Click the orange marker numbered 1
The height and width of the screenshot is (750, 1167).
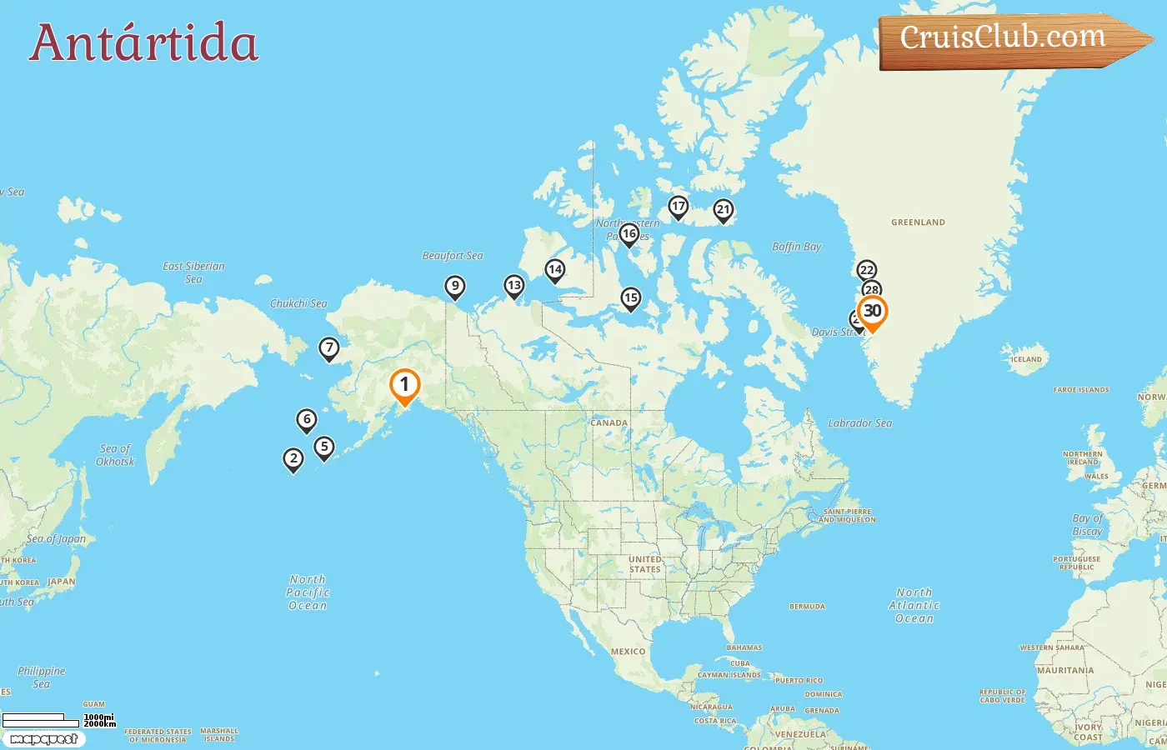click(x=404, y=385)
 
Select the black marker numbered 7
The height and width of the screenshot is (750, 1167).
click(x=329, y=348)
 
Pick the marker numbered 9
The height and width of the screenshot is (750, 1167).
click(x=454, y=287)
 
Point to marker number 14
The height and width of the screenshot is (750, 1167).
click(x=554, y=270)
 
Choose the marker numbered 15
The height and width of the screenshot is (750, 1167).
click(x=630, y=298)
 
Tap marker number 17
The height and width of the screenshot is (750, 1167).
click(x=679, y=207)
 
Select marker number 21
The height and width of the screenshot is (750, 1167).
click(x=723, y=210)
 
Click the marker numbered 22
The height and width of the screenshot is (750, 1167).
click(x=867, y=270)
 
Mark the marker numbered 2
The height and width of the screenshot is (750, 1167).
click(x=293, y=459)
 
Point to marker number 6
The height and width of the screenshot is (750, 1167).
click(x=307, y=420)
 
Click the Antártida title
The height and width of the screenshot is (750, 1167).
click(x=144, y=42)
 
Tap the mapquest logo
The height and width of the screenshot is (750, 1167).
click(x=43, y=739)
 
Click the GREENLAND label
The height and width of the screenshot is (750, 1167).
click(x=918, y=222)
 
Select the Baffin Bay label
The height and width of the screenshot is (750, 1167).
click(x=796, y=247)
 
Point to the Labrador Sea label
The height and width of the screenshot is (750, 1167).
click(x=859, y=423)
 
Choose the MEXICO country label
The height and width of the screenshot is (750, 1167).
click(x=628, y=652)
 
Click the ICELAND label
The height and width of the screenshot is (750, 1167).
click(x=1026, y=360)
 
